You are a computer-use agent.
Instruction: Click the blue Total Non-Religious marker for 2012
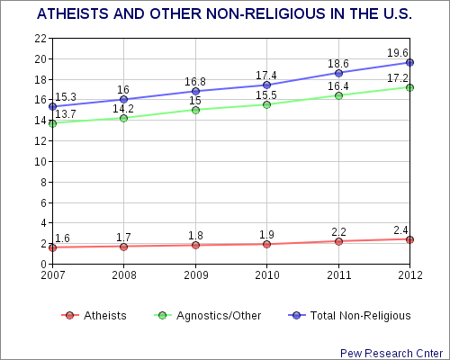(409, 62)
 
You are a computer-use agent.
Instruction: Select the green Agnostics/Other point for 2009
(195, 110)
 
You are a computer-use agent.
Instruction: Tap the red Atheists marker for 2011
(338, 241)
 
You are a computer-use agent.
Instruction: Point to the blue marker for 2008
(123, 99)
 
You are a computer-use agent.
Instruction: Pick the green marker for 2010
(266, 104)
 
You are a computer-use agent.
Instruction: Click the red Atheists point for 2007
(52, 247)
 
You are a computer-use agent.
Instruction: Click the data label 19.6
(398, 53)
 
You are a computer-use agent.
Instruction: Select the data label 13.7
(66, 114)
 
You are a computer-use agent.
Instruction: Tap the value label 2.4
(400, 230)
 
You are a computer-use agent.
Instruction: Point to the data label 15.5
(266, 95)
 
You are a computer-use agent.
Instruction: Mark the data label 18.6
(338, 64)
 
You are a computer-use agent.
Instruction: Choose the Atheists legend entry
(94, 316)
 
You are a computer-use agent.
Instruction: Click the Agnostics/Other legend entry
(207, 316)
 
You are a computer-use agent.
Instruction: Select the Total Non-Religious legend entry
(349, 316)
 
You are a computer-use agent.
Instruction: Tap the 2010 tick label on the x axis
(267, 275)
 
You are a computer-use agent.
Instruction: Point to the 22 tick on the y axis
(40, 39)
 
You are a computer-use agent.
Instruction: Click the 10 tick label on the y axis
(40, 162)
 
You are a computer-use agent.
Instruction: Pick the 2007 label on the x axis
(53, 275)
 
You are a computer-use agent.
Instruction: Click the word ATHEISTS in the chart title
(73, 13)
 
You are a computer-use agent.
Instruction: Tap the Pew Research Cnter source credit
(391, 354)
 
